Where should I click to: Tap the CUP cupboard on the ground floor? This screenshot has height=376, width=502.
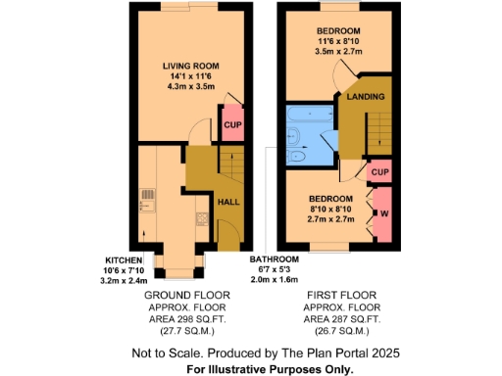point(232,125)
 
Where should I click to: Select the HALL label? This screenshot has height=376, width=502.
point(227,202)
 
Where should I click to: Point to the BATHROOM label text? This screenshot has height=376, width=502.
point(274,258)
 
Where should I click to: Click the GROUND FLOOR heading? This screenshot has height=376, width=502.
point(186,294)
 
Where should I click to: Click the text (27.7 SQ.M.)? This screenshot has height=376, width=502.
point(186,332)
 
